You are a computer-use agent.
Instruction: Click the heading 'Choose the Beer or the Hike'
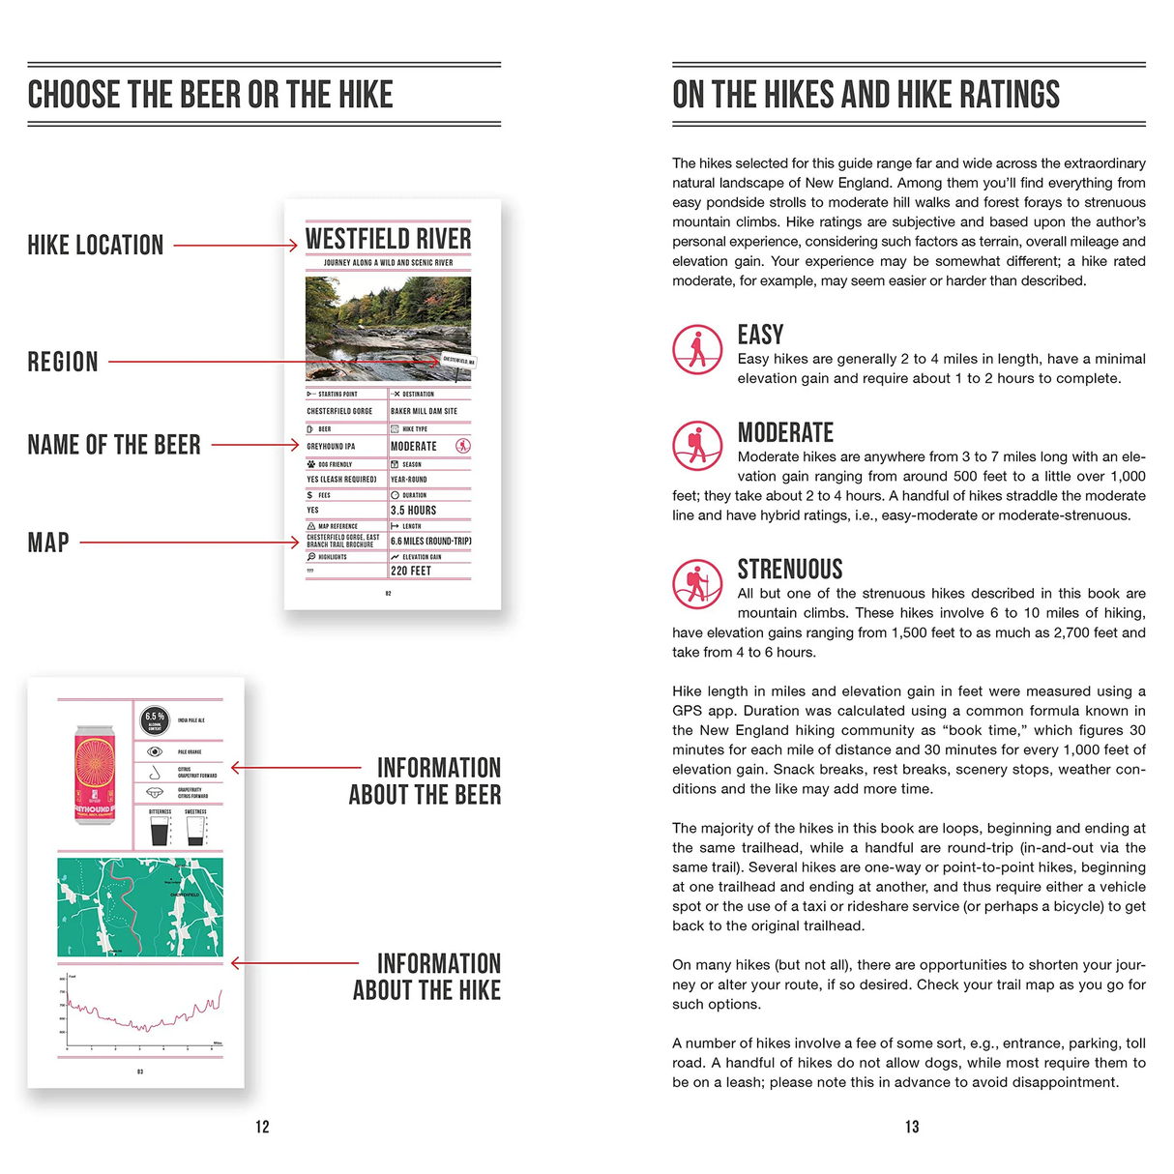click(x=211, y=95)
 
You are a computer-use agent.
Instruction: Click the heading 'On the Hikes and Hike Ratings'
click(x=866, y=95)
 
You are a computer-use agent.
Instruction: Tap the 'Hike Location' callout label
click(x=96, y=246)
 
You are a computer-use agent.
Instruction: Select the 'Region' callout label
click(x=63, y=363)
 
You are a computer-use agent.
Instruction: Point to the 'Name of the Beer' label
click(x=114, y=445)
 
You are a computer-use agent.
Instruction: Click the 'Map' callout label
click(x=48, y=543)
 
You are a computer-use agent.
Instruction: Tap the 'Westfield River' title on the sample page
click(x=388, y=239)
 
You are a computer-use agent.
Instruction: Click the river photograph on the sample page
click(x=388, y=329)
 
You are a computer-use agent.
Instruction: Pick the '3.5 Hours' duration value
click(x=414, y=511)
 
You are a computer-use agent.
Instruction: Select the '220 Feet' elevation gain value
click(x=411, y=571)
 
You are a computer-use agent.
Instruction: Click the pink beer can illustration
click(x=95, y=775)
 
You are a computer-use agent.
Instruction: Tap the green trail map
click(x=140, y=907)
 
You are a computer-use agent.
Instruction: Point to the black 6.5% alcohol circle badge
click(x=155, y=719)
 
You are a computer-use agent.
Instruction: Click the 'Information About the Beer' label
click(x=426, y=781)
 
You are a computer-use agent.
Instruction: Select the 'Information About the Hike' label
click(x=427, y=977)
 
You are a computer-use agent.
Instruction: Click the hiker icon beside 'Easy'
click(x=697, y=349)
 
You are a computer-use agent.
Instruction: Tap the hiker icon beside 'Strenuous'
click(x=697, y=583)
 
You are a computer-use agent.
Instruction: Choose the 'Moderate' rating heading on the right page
click(x=785, y=432)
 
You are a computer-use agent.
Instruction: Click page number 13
click(x=912, y=1127)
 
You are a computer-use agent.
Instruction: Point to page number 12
click(x=262, y=1127)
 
